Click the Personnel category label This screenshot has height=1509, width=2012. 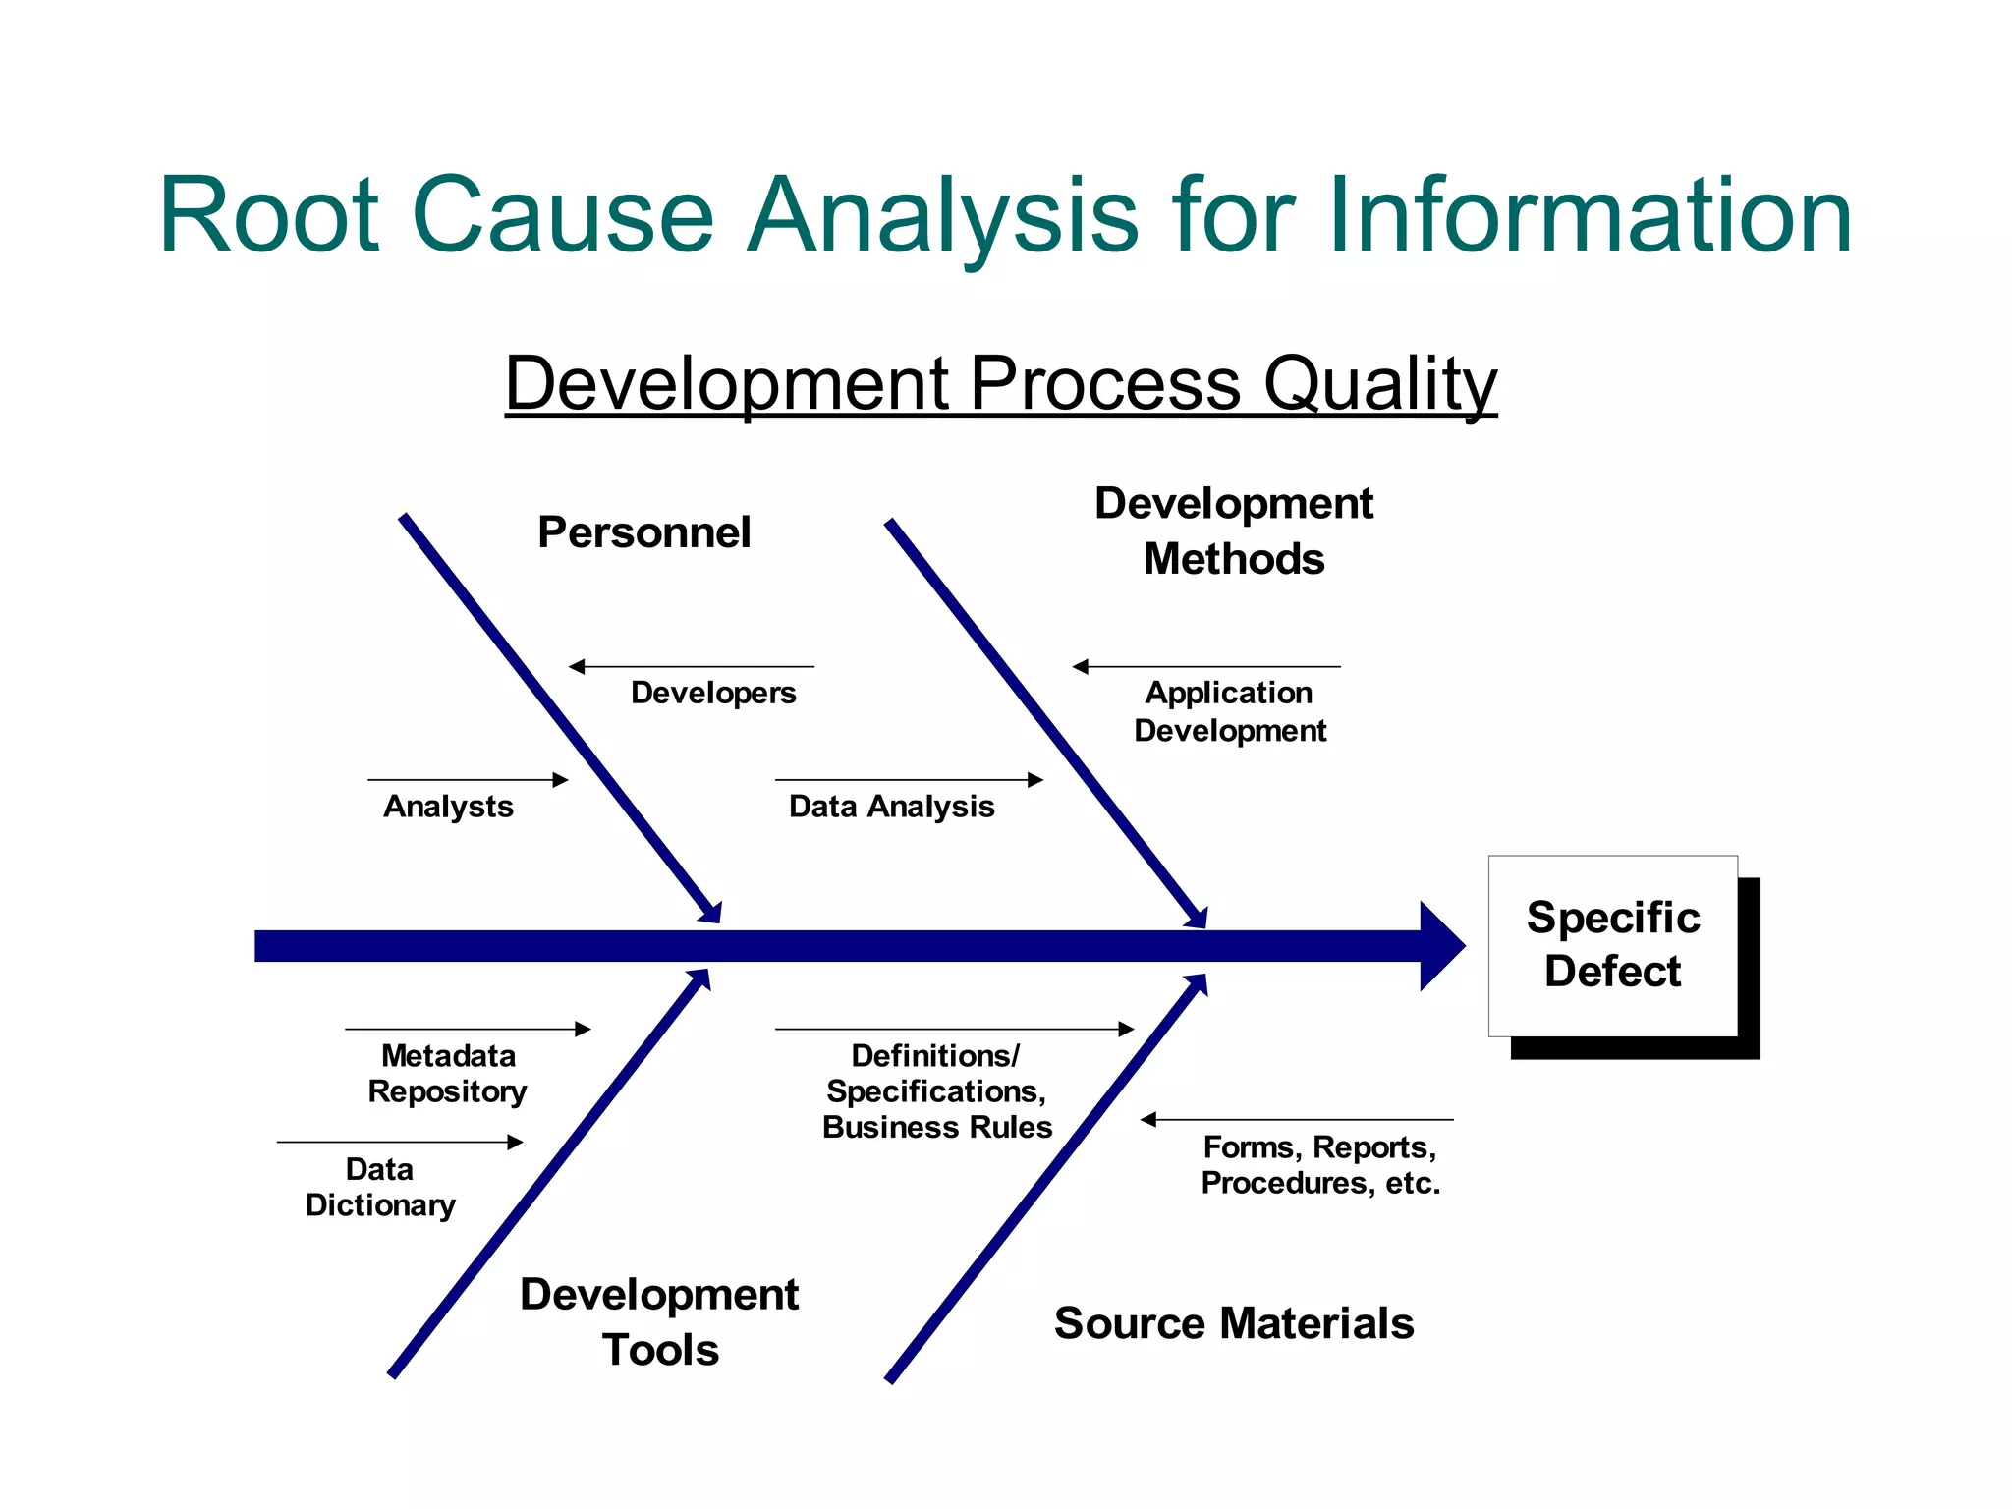643,532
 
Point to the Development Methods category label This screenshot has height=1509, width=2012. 1233,531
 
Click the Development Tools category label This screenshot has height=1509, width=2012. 659,1321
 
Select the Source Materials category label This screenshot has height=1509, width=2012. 1233,1323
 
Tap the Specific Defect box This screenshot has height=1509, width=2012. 1612,945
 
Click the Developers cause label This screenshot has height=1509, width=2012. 713,693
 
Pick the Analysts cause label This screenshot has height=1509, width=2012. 448,807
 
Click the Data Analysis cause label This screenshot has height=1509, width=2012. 891,807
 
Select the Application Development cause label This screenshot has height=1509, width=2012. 1229,711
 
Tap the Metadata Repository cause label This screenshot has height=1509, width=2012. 447,1074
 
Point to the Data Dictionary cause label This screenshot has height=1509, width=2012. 380,1187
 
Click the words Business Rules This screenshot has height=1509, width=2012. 937,1127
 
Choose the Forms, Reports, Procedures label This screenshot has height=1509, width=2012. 1319,1165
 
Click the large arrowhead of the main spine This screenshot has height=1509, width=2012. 1440,946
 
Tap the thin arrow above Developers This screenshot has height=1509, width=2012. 692,667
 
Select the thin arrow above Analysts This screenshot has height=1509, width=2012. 468,780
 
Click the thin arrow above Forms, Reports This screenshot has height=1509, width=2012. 1297,1120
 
